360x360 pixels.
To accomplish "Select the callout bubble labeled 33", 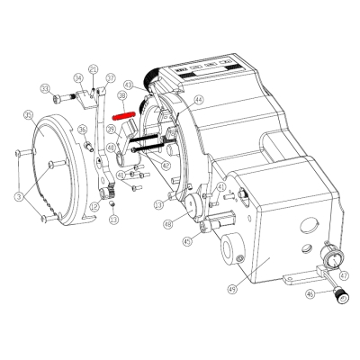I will coord(44,87).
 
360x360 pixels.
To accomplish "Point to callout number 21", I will coord(94,68).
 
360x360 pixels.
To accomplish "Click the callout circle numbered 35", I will coord(29,115).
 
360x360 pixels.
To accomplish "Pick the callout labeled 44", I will coord(198,99).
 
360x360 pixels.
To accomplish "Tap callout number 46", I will coord(310,293).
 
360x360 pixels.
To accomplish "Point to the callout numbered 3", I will coord(17,194).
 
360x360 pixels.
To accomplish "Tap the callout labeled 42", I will coord(165,165).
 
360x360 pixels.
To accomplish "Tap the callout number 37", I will coord(111,78).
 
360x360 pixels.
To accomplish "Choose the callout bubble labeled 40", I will coord(111,148).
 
